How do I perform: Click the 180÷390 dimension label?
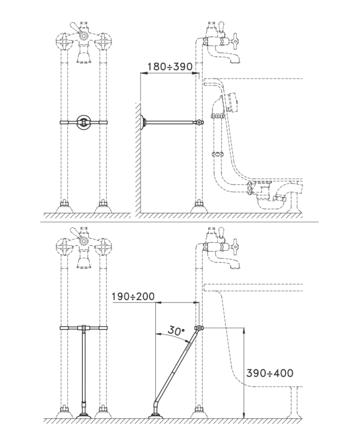click(170, 66)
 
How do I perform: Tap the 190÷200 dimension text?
click(133, 296)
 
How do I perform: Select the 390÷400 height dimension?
click(269, 373)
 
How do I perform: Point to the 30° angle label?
click(176, 330)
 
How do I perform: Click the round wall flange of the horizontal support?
click(143, 122)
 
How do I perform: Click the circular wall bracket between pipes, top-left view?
click(83, 122)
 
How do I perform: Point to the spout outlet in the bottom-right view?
click(236, 266)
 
